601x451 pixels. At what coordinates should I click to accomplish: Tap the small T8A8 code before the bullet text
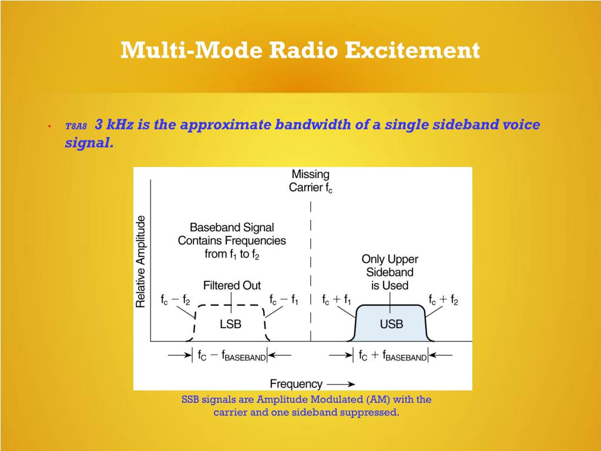coord(76,126)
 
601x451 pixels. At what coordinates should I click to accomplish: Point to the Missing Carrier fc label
coord(311,181)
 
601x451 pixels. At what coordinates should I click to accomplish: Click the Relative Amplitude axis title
coord(141,261)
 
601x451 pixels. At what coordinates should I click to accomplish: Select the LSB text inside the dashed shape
coord(230,324)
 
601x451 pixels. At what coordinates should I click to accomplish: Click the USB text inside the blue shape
coord(391,324)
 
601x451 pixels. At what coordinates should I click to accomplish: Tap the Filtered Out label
coord(232,285)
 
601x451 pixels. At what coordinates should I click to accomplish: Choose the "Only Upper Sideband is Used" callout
coord(390,272)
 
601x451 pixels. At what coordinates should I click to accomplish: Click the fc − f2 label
coord(175,300)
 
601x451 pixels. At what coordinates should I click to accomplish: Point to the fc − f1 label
coord(284,300)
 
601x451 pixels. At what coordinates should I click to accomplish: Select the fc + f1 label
coord(337,300)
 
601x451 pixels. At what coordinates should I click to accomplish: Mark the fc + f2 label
coord(443,300)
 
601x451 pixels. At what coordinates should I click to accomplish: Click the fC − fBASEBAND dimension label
coord(230,356)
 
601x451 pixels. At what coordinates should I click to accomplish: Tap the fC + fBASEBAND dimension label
coord(392,356)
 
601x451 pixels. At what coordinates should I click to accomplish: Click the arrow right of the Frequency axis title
coord(341,384)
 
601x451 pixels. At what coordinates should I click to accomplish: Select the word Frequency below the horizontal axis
coord(296,384)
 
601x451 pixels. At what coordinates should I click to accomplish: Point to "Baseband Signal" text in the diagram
coord(231,227)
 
